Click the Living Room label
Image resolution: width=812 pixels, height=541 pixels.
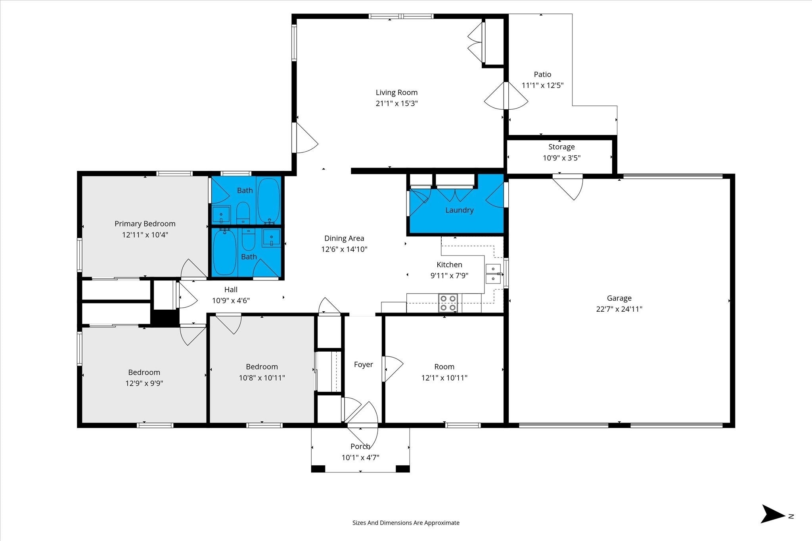396,92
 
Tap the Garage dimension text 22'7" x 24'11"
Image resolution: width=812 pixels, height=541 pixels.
619,309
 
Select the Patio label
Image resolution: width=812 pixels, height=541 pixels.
542,74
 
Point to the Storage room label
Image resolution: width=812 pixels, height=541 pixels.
561,147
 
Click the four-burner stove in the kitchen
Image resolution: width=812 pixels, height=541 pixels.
448,303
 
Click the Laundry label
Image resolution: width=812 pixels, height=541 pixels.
459,210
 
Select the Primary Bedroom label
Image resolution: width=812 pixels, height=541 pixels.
145,224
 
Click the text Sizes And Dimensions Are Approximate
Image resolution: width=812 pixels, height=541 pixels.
406,523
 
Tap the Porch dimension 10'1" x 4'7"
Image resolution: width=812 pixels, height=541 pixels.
360,458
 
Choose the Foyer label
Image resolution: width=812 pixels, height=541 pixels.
363,364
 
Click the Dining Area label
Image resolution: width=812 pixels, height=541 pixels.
344,238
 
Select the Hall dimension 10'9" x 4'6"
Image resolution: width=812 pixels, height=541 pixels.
231,301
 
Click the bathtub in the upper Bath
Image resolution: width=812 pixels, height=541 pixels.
269,200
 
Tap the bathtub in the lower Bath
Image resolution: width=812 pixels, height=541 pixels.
225,252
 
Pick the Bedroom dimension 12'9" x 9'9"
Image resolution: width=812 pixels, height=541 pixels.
144,383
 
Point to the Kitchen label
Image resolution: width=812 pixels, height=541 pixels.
449,265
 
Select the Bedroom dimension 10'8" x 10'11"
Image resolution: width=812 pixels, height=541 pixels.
262,378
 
